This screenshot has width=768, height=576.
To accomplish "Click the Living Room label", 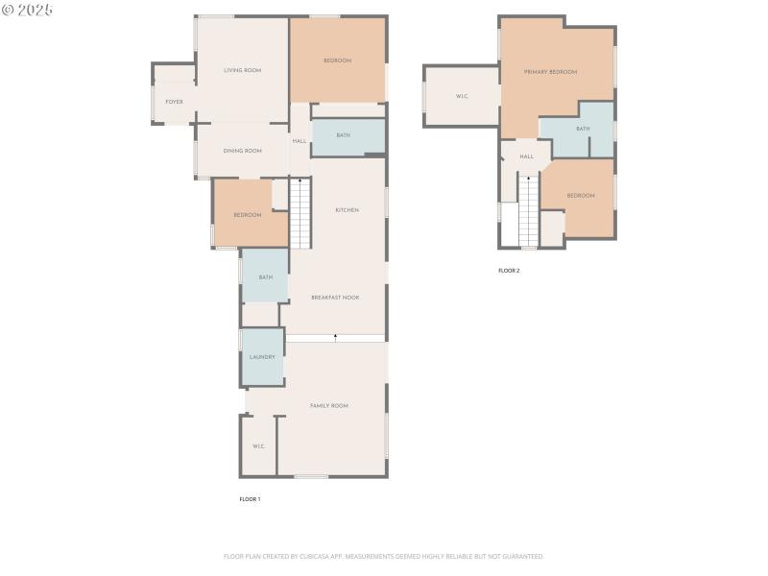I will coord(242,70).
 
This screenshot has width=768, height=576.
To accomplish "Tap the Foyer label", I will coord(174,102).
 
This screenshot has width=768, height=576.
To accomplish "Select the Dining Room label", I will coord(242,151).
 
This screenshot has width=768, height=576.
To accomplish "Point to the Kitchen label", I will coord(347,210).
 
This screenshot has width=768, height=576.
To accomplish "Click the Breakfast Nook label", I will coord(335,298).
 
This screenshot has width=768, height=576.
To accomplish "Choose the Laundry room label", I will coord(262,357).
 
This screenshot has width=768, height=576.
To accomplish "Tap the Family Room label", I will coord(329,406).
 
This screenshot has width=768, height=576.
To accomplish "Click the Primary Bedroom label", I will coord(550,72).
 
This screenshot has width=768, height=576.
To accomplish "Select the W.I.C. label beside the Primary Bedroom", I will coord(462,96).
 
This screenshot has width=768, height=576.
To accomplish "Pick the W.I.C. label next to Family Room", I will coord(258,446).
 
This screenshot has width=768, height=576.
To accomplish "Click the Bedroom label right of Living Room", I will coord(337,61).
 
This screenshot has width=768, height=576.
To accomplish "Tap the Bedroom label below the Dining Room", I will coord(248,215).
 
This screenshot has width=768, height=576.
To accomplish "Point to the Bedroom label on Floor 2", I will coord(581,196).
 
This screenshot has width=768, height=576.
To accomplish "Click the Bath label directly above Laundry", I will coord(265,277).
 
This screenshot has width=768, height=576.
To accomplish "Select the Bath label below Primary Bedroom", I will coord(583,129).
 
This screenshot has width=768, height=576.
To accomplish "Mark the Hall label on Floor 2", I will coord(527,156).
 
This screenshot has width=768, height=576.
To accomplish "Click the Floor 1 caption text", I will coord(250,499).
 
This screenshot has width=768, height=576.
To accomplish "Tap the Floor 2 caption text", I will coord(509,271).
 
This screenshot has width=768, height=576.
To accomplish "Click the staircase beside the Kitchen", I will coord(300,213).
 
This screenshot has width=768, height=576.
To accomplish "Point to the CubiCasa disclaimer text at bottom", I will coord(384,556).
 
